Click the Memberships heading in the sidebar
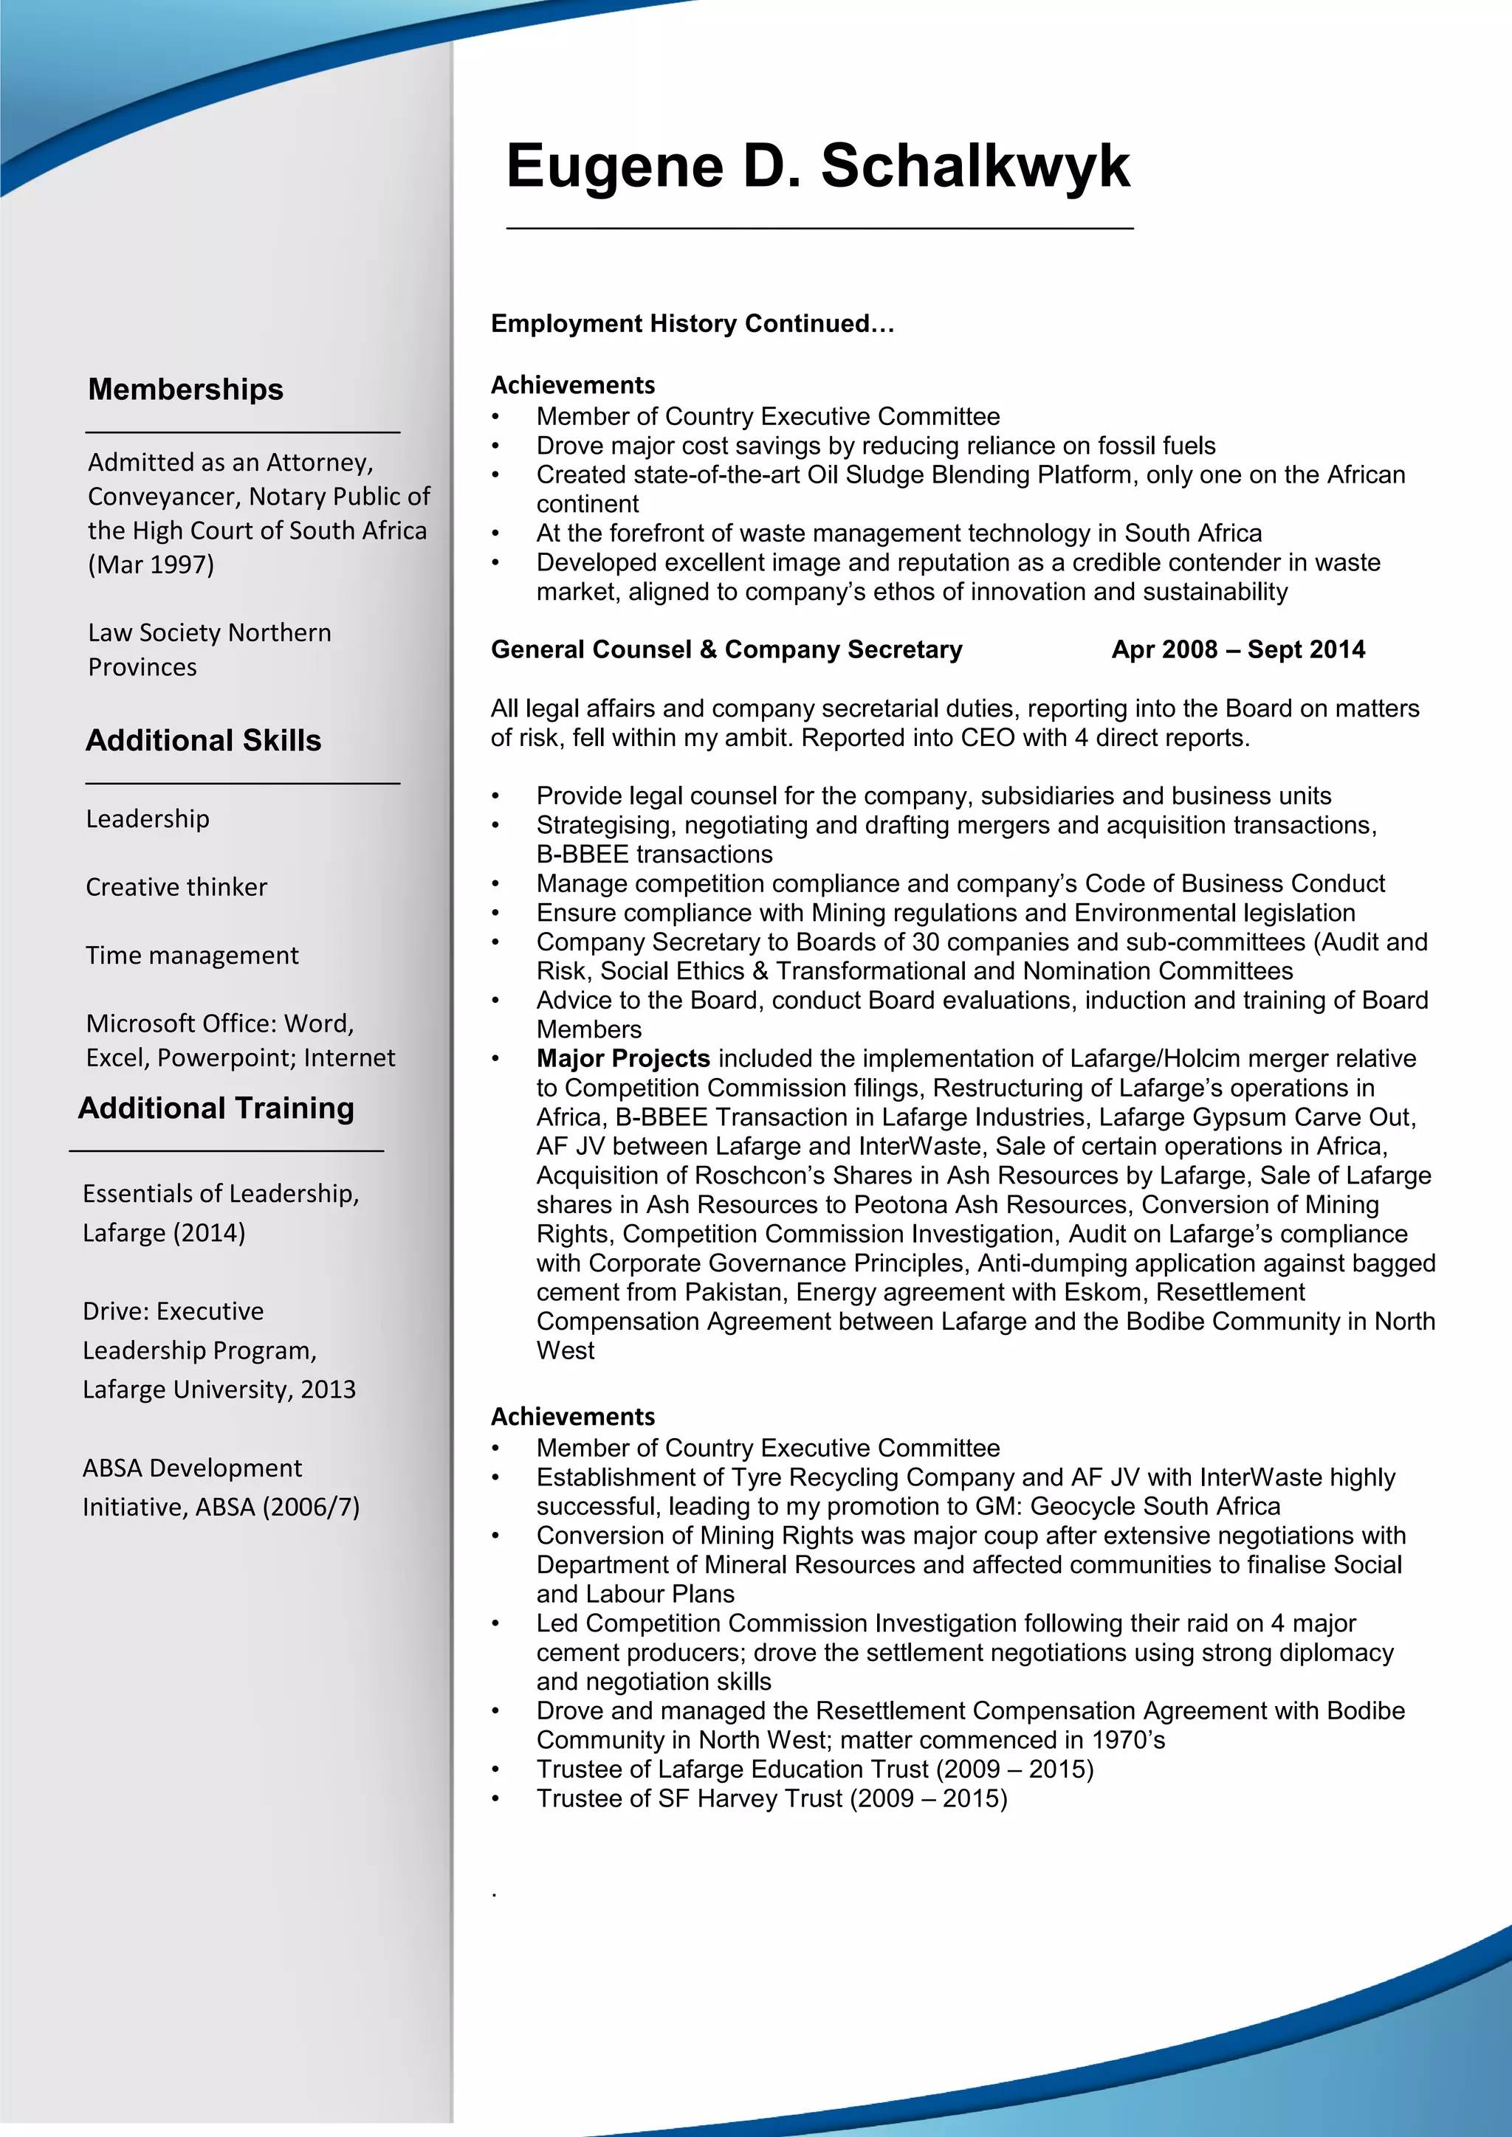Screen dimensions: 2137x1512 pos(185,389)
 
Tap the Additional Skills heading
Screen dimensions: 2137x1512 pos(203,740)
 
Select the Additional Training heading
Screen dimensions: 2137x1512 pos(216,1108)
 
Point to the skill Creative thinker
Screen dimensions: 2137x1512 pos(176,887)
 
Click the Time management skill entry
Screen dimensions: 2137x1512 pos(192,956)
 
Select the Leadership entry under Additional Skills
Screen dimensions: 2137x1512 pos(147,819)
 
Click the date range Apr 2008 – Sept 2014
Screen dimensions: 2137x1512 pos(1237,649)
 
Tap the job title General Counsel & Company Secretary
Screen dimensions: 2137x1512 pos(726,649)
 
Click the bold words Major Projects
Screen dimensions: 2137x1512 pos(623,1058)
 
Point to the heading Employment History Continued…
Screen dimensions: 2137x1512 pos(692,324)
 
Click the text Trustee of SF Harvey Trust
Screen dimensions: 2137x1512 pos(689,1798)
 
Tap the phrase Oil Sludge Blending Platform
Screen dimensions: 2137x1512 pos(969,474)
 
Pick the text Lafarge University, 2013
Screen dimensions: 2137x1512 pos(219,1389)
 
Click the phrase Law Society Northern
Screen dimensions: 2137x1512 pos(210,633)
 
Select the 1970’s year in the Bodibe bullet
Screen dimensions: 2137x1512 pos(1127,1739)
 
